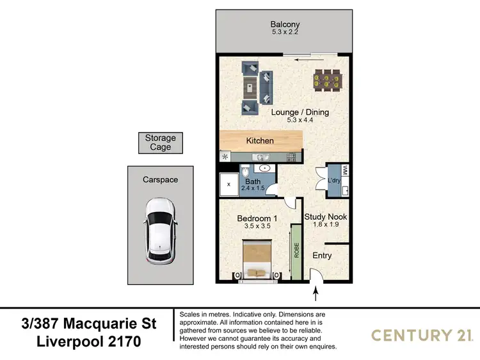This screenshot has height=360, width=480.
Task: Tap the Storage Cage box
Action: pyautogui.click(x=160, y=143)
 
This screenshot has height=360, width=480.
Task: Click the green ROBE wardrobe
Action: pyautogui.click(x=296, y=251)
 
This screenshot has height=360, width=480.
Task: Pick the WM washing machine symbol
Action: pyautogui.click(x=345, y=171)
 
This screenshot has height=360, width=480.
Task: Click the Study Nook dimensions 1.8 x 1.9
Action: pyautogui.click(x=326, y=225)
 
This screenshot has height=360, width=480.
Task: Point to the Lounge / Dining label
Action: pyautogui.click(x=300, y=112)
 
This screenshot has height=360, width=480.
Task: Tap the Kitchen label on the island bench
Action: pyautogui.click(x=260, y=140)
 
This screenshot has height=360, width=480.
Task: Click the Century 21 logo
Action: pyautogui.click(x=422, y=334)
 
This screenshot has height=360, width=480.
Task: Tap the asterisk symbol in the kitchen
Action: pyautogui.click(x=225, y=156)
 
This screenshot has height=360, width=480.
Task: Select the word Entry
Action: pyautogui.click(x=322, y=256)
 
